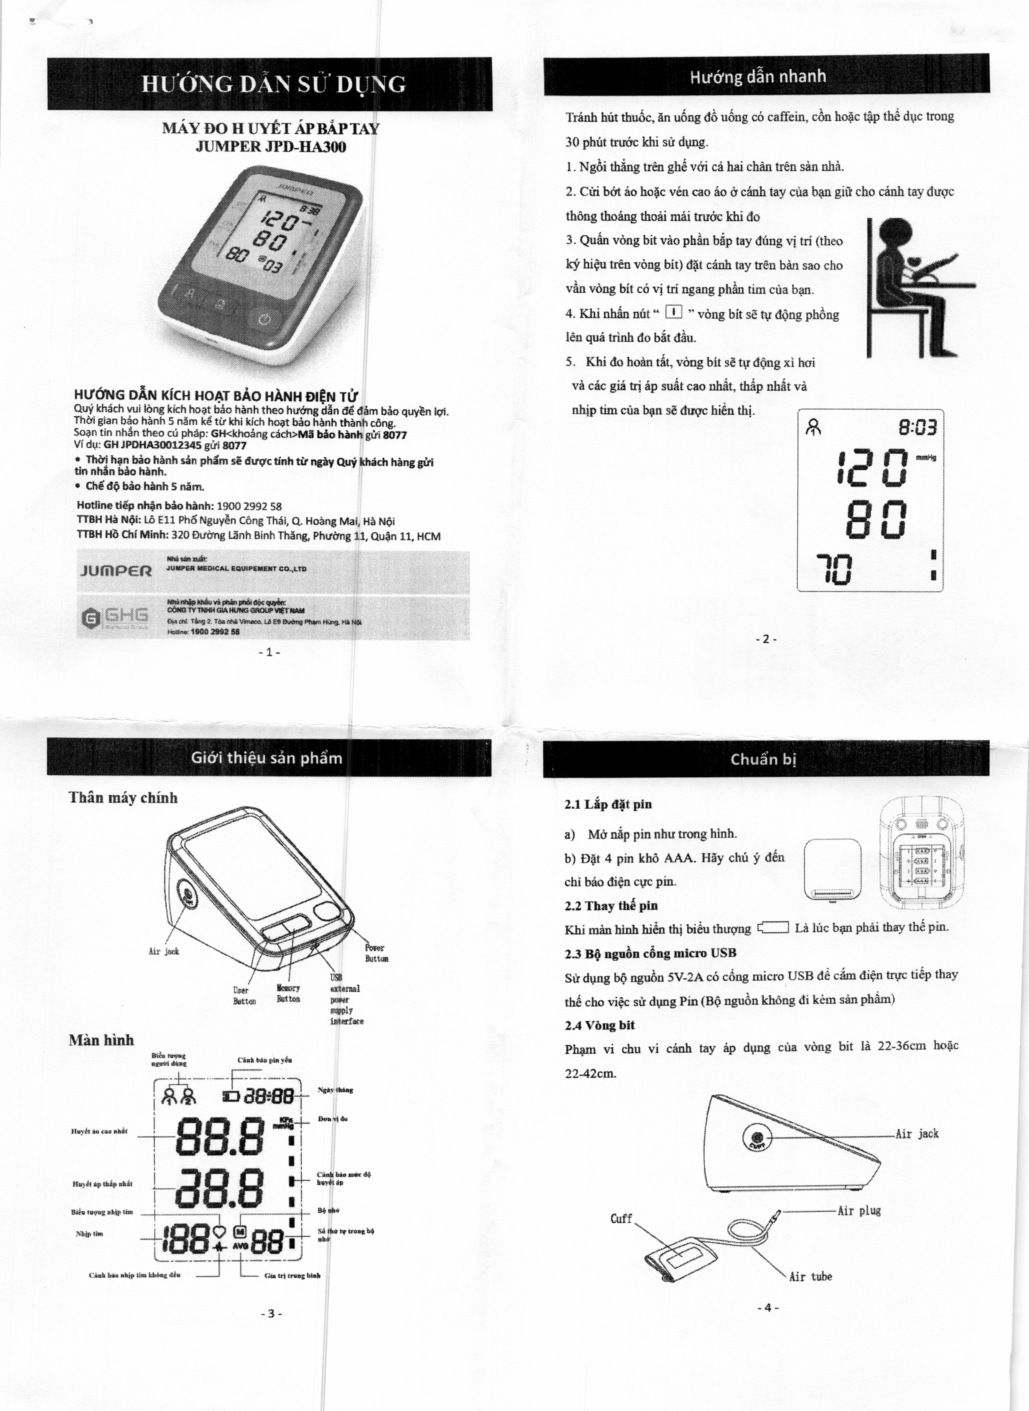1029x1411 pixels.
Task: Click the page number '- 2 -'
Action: point(766,639)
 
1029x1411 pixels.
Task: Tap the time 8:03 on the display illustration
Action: point(917,428)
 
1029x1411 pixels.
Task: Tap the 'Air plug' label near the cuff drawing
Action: point(859,1210)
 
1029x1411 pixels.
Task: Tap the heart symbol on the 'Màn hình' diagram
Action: point(219,1231)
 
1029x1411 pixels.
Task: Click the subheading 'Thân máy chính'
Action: point(123,798)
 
